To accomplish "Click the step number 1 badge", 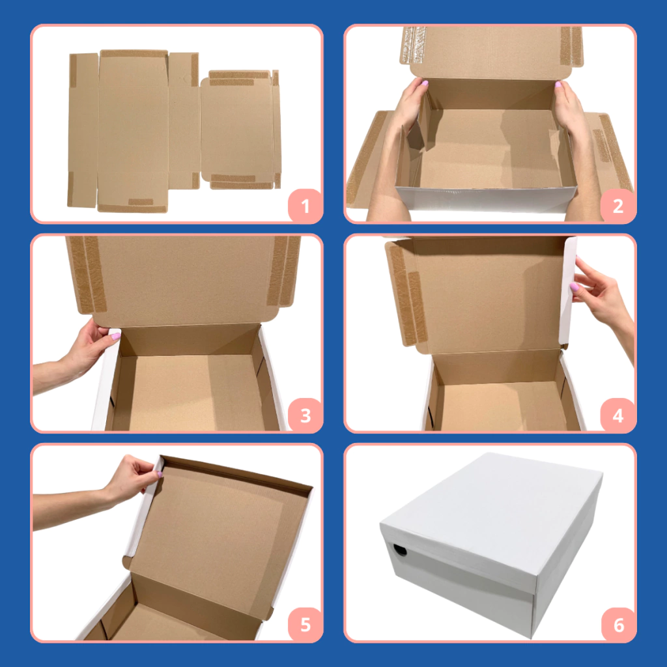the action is coord(305,205).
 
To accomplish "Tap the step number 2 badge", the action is coord(617,205).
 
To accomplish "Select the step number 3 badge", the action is coord(305,415).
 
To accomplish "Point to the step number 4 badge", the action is coord(617,415).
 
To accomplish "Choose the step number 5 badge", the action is coord(305,624).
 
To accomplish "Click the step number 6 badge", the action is coord(617,624).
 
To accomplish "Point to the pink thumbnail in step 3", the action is coord(115,337).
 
